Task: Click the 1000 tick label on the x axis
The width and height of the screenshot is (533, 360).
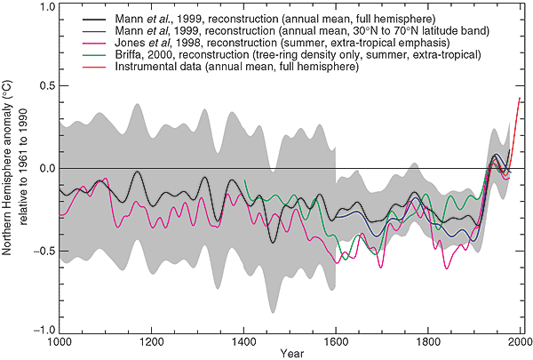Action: pos(59,341)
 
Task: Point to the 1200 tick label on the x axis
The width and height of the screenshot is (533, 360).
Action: pos(151,341)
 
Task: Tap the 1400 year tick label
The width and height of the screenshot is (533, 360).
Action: pos(243,341)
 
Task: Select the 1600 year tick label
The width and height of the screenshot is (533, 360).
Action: pos(336,341)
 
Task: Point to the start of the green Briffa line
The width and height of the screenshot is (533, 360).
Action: pos(244,180)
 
